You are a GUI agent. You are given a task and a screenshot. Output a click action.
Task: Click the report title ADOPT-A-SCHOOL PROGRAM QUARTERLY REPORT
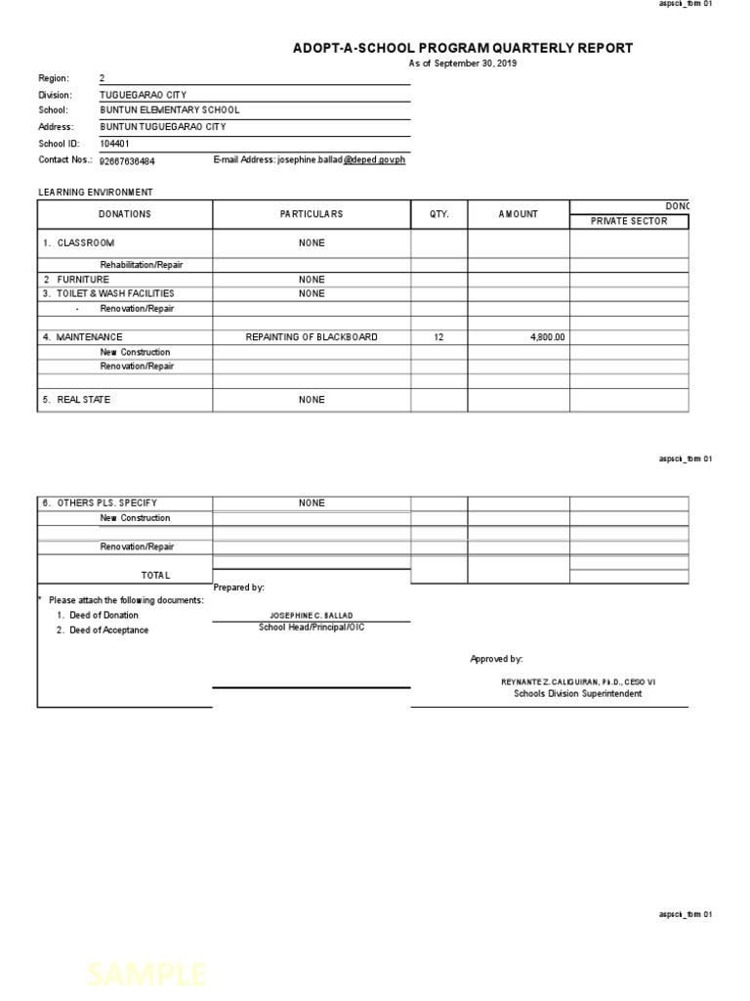coord(463,48)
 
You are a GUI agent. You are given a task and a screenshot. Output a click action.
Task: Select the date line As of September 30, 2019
coord(462,64)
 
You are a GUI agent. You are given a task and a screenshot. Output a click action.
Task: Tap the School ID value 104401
coord(114,143)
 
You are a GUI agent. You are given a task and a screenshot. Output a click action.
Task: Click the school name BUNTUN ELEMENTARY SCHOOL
coord(169,110)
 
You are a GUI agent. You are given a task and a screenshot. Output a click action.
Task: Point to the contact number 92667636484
coord(127,160)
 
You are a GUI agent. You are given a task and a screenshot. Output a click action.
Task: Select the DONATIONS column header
coord(125,214)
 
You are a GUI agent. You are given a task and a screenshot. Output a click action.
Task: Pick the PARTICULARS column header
coord(312,214)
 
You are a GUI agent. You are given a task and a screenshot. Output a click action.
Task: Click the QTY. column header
coord(438,214)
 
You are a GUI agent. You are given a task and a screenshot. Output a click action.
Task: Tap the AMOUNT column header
coord(519,214)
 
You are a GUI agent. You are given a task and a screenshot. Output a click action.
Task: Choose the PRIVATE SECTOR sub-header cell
coord(629,221)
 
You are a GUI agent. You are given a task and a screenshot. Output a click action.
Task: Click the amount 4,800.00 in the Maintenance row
coord(547,337)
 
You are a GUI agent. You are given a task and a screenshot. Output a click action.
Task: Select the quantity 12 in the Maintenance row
coord(438,337)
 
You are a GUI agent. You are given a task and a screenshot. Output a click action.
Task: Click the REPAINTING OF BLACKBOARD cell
coord(312,337)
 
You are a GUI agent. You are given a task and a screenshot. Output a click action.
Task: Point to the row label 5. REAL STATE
coord(76,400)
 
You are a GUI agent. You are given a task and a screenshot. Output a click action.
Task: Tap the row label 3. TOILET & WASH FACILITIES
coord(108,293)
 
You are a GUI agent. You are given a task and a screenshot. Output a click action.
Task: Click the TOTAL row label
coord(155,576)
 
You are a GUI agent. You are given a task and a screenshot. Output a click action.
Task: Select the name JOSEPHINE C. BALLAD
coord(312,616)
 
